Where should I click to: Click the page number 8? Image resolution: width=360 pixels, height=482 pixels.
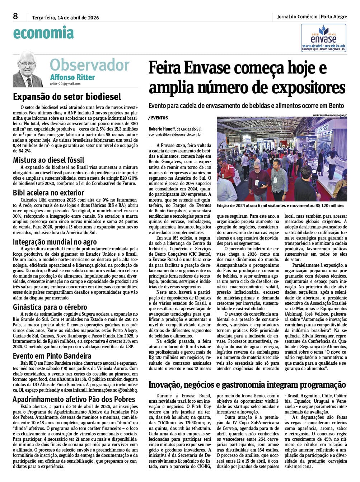click(x=15, y=16)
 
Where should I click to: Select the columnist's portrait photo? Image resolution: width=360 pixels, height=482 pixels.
click(x=28, y=69)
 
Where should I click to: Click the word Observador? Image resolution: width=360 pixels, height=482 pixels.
click(x=89, y=65)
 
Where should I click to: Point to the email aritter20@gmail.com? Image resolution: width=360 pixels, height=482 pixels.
click(x=65, y=84)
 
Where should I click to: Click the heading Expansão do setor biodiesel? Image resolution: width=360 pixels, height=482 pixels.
click(x=67, y=97)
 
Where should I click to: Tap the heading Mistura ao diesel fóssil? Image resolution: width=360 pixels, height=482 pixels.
click(x=48, y=160)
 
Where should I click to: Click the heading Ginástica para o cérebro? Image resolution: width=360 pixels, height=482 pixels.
click(x=50, y=307)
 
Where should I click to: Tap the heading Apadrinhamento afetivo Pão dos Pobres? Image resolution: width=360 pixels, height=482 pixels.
click(x=74, y=400)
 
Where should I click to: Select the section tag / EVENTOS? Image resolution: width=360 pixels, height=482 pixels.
click(x=158, y=118)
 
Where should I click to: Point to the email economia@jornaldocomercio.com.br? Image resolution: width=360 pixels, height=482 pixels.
click(x=175, y=134)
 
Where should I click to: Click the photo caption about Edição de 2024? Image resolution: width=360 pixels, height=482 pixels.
click(x=280, y=206)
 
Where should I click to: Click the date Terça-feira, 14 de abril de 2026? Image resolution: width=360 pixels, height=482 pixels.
click(x=65, y=17)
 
